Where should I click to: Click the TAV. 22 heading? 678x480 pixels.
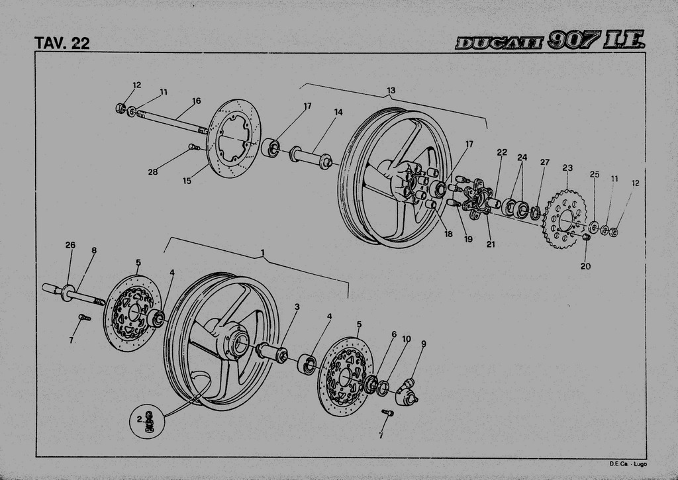[x=62, y=43]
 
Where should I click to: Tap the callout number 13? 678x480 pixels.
[x=391, y=91]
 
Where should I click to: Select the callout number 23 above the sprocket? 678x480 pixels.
[x=567, y=168]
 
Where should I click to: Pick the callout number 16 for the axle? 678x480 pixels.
[x=196, y=101]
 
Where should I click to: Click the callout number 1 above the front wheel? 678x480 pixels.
[x=263, y=253]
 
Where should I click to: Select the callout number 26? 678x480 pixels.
[x=70, y=245]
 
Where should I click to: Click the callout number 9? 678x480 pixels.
[x=423, y=344]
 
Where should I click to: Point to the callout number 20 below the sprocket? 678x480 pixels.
[x=585, y=266]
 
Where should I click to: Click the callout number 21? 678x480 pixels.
[x=491, y=244]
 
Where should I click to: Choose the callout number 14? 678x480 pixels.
[x=338, y=113]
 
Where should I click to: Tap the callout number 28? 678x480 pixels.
[x=153, y=172]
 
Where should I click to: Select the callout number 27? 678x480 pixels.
[x=544, y=162]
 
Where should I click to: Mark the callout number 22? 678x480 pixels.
[x=502, y=152]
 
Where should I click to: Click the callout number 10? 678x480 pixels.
[x=407, y=339]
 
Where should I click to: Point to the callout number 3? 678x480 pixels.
[x=297, y=307]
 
